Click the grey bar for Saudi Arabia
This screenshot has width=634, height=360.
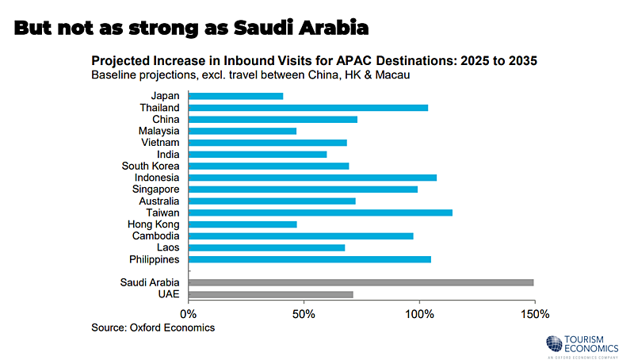point(361,282)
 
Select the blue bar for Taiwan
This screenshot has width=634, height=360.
point(320,213)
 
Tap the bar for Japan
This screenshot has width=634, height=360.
point(235,96)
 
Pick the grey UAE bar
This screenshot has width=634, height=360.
point(270,294)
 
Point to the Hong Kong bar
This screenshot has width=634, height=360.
point(243,224)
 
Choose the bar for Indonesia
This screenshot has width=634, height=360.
point(312,178)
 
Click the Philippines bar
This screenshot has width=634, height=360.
point(310,259)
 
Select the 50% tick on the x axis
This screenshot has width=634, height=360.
point(304,314)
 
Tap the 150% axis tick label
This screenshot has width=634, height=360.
point(535,314)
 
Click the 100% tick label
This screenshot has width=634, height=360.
point(419,314)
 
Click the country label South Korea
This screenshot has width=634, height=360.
point(151,166)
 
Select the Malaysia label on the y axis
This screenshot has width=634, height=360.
point(158,131)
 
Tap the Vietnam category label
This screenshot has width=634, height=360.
point(160,143)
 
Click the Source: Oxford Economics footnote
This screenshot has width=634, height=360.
point(153,327)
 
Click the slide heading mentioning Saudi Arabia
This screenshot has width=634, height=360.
point(192,28)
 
